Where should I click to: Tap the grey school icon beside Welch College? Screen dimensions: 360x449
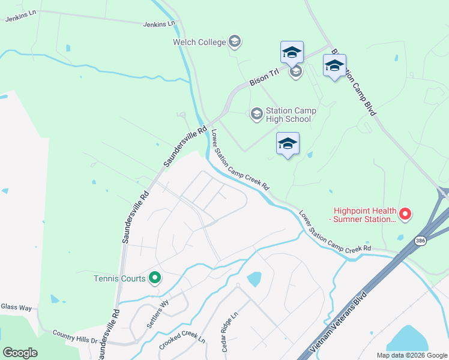235,41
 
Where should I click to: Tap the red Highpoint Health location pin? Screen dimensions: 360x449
405,213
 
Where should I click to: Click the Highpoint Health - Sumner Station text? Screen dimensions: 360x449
365,215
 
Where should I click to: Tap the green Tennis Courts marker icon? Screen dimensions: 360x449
154,278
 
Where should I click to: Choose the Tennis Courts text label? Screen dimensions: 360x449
119,278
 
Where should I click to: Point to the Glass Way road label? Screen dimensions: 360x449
16,307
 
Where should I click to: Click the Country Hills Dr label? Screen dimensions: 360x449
75,336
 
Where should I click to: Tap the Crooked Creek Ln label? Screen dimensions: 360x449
182,340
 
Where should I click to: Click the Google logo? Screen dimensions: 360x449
20,352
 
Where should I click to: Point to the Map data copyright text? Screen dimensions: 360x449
411,355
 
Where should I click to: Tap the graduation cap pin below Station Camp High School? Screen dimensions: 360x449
288,144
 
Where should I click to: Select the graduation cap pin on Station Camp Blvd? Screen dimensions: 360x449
334,66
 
